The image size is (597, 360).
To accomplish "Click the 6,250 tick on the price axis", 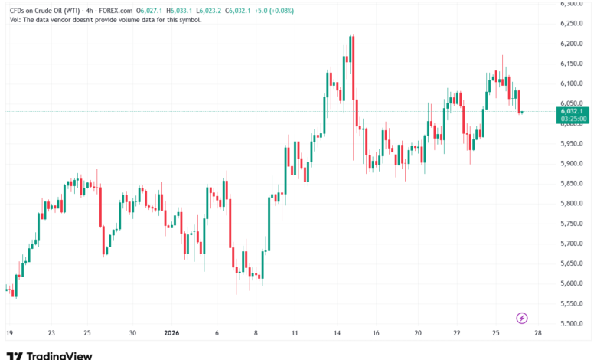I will [572, 23].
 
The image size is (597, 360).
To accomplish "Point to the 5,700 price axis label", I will [572, 243].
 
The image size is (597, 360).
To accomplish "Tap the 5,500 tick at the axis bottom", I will [572, 323].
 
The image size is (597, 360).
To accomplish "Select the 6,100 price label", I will [572, 83].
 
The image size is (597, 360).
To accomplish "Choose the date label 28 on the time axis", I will [540, 333].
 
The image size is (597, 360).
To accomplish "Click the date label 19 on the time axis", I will [9, 333].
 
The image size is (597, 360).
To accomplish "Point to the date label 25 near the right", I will [496, 333].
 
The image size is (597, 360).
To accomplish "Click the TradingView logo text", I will [59, 355].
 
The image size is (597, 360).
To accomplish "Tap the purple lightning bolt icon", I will [522, 317].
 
